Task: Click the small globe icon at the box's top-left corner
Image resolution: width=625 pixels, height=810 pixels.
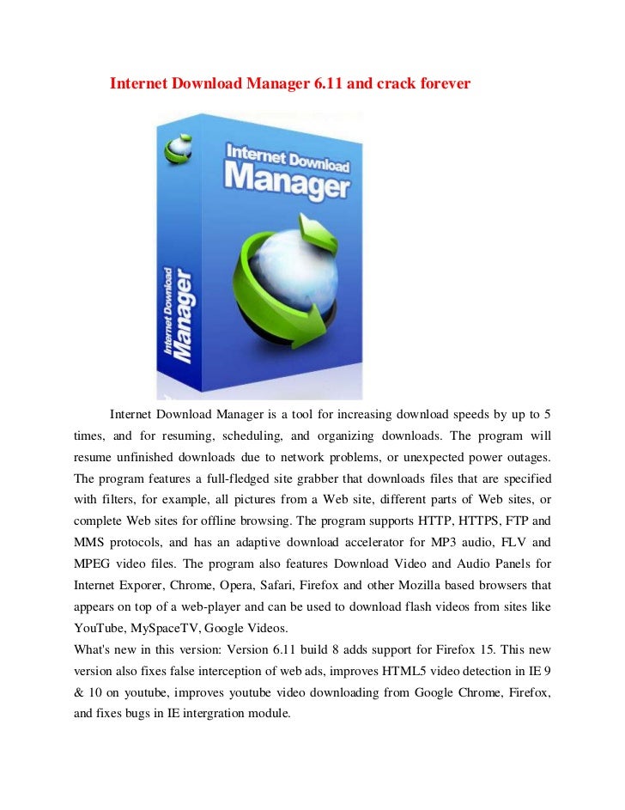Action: click(179, 145)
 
